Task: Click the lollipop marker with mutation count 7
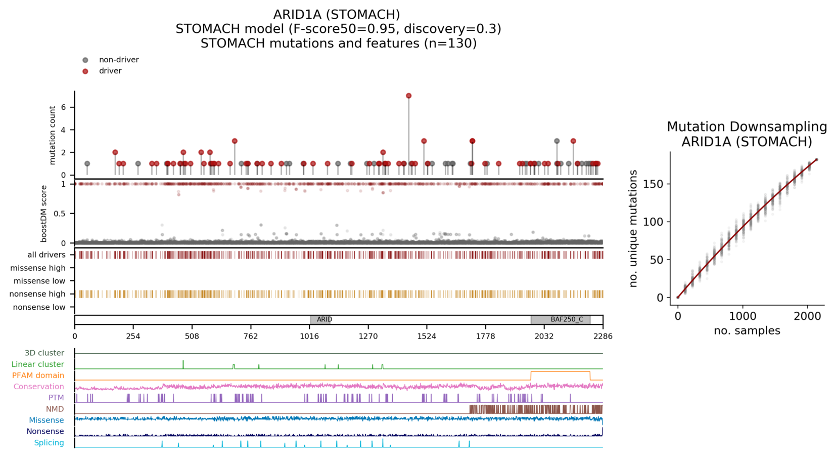click(408, 96)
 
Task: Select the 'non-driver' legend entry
click(118, 60)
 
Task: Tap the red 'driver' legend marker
click(85, 71)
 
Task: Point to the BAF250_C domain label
click(567, 319)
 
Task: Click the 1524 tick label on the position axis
click(427, 336)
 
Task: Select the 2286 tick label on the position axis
click(603, 336)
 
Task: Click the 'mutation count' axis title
click(53, 135)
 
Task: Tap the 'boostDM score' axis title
click(44, 214)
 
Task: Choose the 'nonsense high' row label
click(38, 294)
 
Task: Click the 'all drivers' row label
click(46, 255)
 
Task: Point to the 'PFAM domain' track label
click(38, 376)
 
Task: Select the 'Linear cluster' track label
click(38, 364)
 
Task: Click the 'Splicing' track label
click(49, 443)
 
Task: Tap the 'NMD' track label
click(55, 409)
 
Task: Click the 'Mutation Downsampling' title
click(747, 127)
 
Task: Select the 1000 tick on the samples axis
click(743, 316)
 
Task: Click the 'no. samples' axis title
click(747, 330)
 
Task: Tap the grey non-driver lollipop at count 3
click(557, 141)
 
